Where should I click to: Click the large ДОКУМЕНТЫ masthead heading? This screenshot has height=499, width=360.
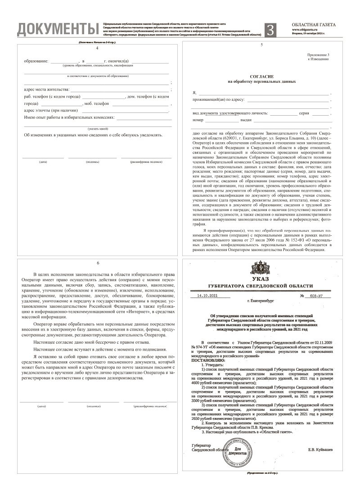[58, 30]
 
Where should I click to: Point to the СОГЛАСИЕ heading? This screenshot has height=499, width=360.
[261, 76]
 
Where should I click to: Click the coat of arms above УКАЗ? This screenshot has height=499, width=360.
[261, 266]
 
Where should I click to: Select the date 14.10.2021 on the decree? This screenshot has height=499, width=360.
[210, 296]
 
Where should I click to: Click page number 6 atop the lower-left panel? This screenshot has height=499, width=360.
[97, 263]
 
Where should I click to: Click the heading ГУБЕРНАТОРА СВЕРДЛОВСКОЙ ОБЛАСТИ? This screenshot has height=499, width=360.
[260, 287]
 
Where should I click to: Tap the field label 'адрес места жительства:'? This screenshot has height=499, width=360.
[46, 89]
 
